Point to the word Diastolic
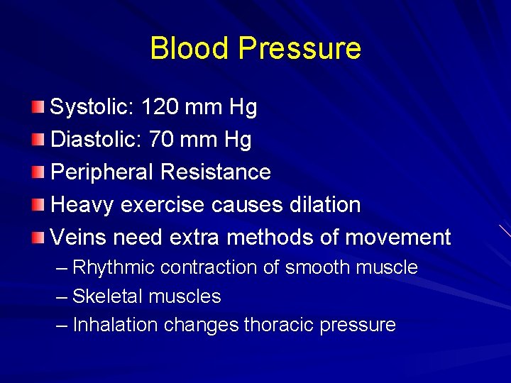click(x=97, y=140)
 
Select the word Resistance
click(x=215, y=172)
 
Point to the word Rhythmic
click(x=114, y=268)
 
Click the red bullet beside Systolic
click(x=38, y=108)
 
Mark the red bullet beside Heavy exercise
click(x=38, y=205)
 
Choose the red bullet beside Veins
click(x=38, y=237)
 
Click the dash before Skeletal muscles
click(x=62, y=296)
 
